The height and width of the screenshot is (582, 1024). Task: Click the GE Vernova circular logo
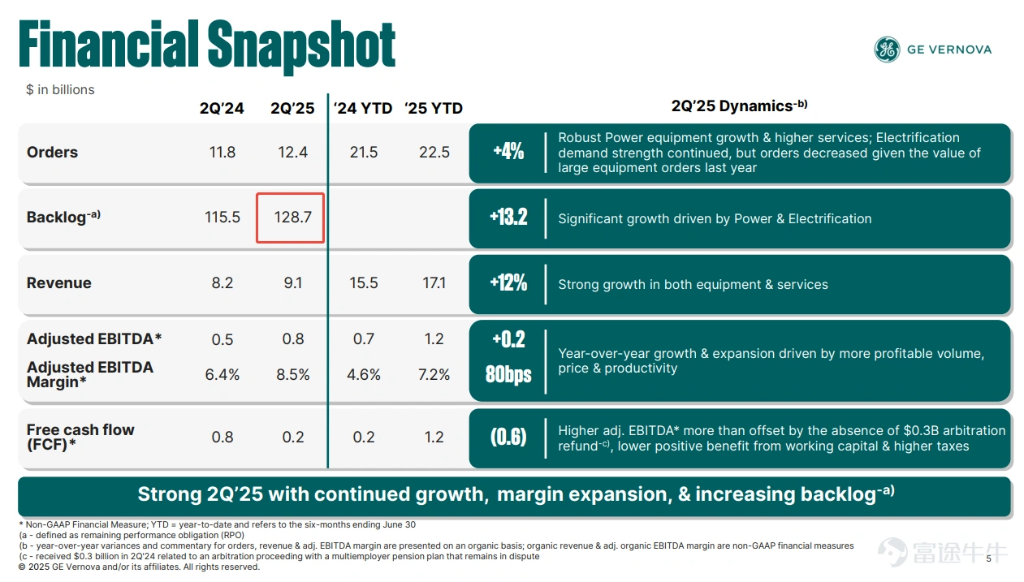coord(887,50)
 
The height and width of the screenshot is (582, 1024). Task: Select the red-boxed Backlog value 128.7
coord(292,218)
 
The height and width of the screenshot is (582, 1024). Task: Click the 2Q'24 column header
coord(222,109)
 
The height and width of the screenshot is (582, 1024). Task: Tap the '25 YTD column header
coord(434,109)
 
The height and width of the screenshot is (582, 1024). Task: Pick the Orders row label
coord(52,152)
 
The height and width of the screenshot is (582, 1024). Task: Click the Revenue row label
coord(58,282)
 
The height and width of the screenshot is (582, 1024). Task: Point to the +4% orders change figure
coord(508,152)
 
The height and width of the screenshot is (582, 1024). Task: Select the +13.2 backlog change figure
coord(508,218)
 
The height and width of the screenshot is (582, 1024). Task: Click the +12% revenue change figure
coord(508,282)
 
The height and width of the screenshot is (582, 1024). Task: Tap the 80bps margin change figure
coord(508,374)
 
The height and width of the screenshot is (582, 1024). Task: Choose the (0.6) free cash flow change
coord(508,437)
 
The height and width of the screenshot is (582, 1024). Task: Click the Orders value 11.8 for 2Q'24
coord(222,152)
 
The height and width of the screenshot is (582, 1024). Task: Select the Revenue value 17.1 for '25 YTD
coord(434,282)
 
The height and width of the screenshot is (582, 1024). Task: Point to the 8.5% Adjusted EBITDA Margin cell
coord(292,374)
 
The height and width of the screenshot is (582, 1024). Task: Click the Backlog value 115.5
coord(222,218)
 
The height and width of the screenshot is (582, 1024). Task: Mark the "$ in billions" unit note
coord(60,89)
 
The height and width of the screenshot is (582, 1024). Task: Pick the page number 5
coord(988,559)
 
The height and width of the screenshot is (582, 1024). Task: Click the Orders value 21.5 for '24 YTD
coord(363,152)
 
